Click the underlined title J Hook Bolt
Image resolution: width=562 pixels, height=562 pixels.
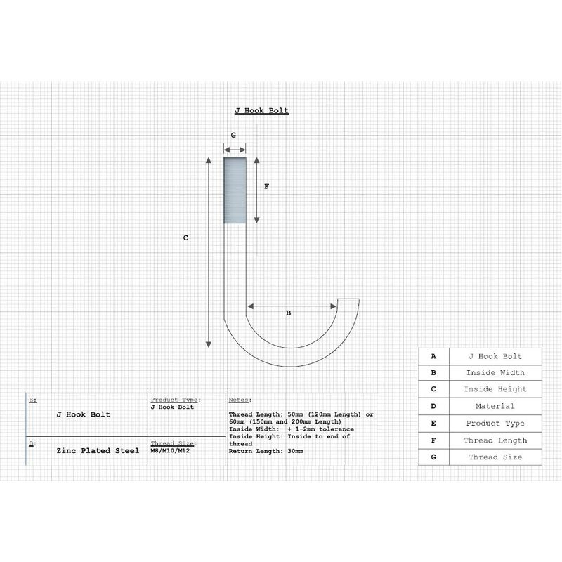[261, 111]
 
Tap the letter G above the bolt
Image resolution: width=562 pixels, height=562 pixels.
[233, 135]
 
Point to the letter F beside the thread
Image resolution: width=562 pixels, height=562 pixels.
[266, 186]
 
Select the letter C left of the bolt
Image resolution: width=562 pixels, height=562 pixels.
[185, 237]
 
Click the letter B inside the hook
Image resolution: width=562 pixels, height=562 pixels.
[288, 313]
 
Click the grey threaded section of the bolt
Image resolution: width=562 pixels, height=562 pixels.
[235, 190]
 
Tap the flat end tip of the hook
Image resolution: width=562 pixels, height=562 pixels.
[348, 299]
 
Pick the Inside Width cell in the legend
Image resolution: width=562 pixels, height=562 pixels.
[495, 373]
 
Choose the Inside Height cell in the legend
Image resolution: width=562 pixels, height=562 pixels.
[495, 389]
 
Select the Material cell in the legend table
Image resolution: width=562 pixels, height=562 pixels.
[495, 406]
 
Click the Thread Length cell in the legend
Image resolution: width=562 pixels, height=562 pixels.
[495, 440]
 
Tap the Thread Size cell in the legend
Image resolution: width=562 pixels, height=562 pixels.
[495, 457]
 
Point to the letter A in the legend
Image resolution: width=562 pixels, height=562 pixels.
[433, 356]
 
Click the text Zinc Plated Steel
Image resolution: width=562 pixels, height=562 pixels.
[98, 450]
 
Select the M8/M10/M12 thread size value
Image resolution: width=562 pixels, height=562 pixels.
[170, 450]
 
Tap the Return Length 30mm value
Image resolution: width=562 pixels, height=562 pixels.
[266, 451]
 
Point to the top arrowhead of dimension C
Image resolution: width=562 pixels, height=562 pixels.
[209, 160]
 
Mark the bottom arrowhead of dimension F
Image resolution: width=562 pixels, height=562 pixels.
[256, 220]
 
